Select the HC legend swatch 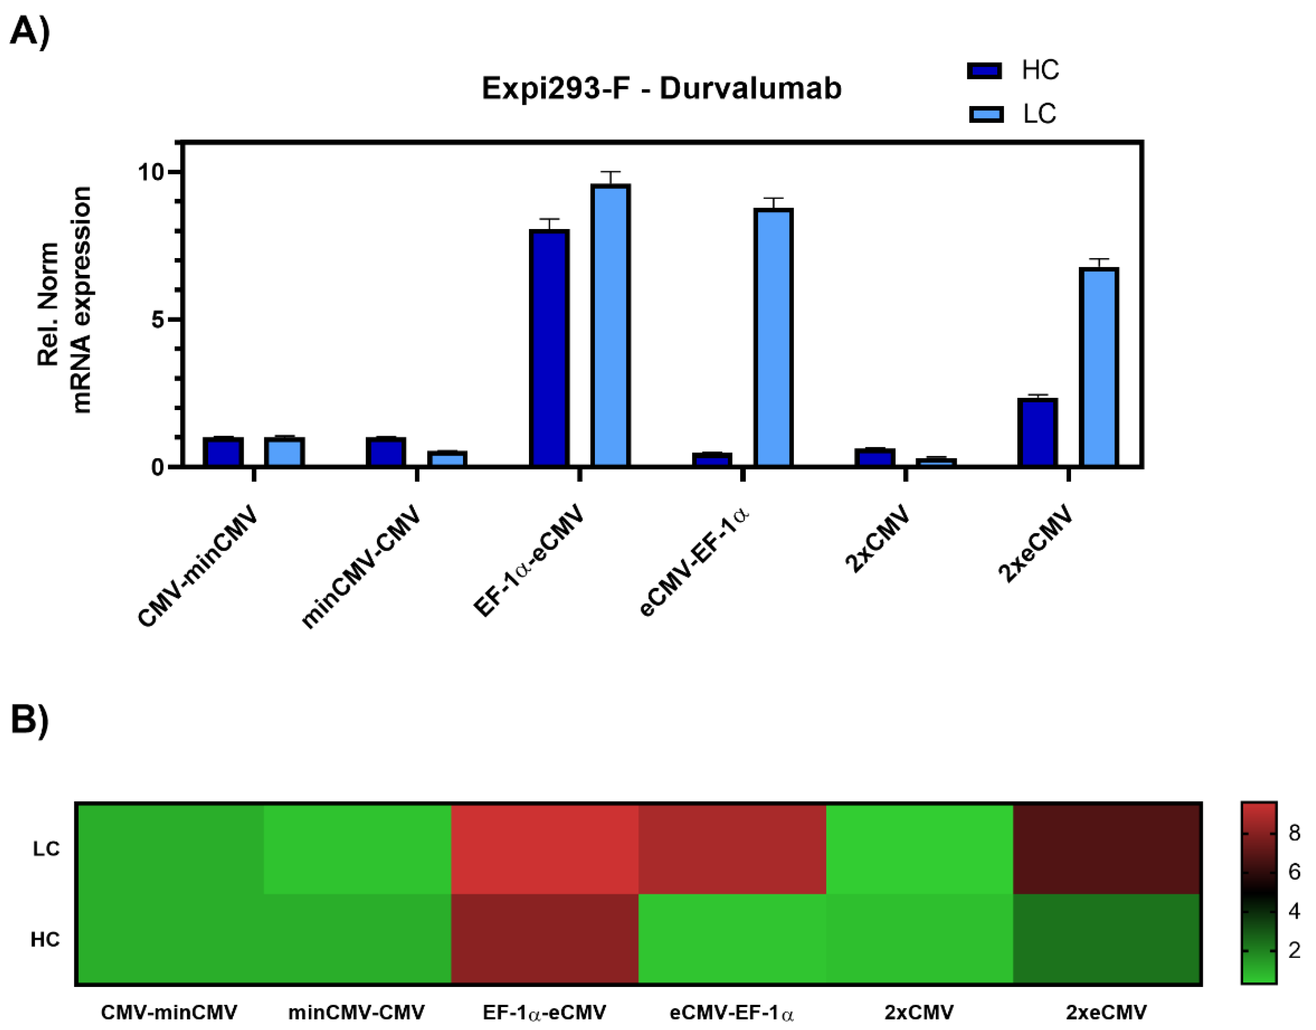(x=984, y=71)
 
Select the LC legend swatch (x=986, y=114)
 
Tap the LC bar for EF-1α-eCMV (x=610, y=326)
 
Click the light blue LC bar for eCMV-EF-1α (x=773, y=338)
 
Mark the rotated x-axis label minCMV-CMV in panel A (x=361, y=567)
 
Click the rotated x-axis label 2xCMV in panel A (x=878, y=538)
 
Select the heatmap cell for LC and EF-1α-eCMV (x=545, y=849)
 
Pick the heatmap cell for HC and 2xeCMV (x=1107, y=939)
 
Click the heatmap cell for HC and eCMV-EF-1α (x=732, y=939)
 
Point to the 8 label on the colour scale (x=1294, y=833)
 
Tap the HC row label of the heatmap (x=45, y=939)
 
